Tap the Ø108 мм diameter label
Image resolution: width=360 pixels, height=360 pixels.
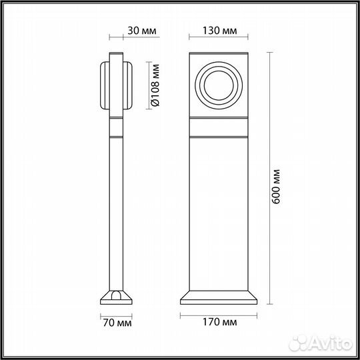click(155, 85)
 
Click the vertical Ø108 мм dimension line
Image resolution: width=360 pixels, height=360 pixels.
click(144, 85)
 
